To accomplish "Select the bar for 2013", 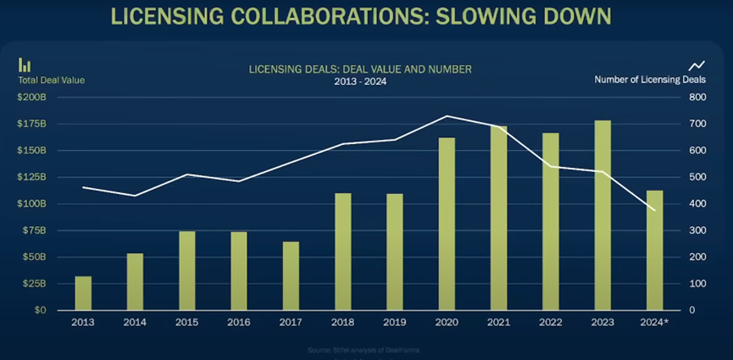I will pyautogui.click(x=83, y=293).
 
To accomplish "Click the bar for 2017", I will pyautogui.click(x=291, y=275).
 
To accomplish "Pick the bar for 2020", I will pyautogui.click(x=447, y=224).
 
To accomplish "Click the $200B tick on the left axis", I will pyautogui.click(x=31, y=97).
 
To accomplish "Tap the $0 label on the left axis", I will pyautogui.click(x=39, y=310).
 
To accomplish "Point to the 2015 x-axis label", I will pyautogui.click(x=186, y=323).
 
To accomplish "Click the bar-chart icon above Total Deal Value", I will pyautogui.click(x=25, y=65).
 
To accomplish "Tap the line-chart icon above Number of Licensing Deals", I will pyautogui.click(x=697, y=65).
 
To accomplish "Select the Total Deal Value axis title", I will pyautogui.click(x=52, y=80).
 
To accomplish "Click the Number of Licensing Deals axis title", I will pyautogui.click(x=650, y=80).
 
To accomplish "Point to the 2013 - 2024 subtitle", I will pyautogui.click(x=359, y=82).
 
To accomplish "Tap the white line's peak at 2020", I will pyautogui.click(x=447, y=116).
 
